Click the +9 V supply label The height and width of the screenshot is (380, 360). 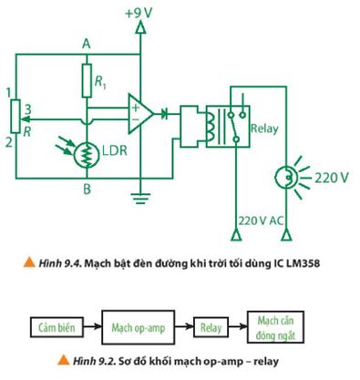139,13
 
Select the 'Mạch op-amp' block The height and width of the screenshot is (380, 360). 138,325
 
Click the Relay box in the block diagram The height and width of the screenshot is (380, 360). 211,325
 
